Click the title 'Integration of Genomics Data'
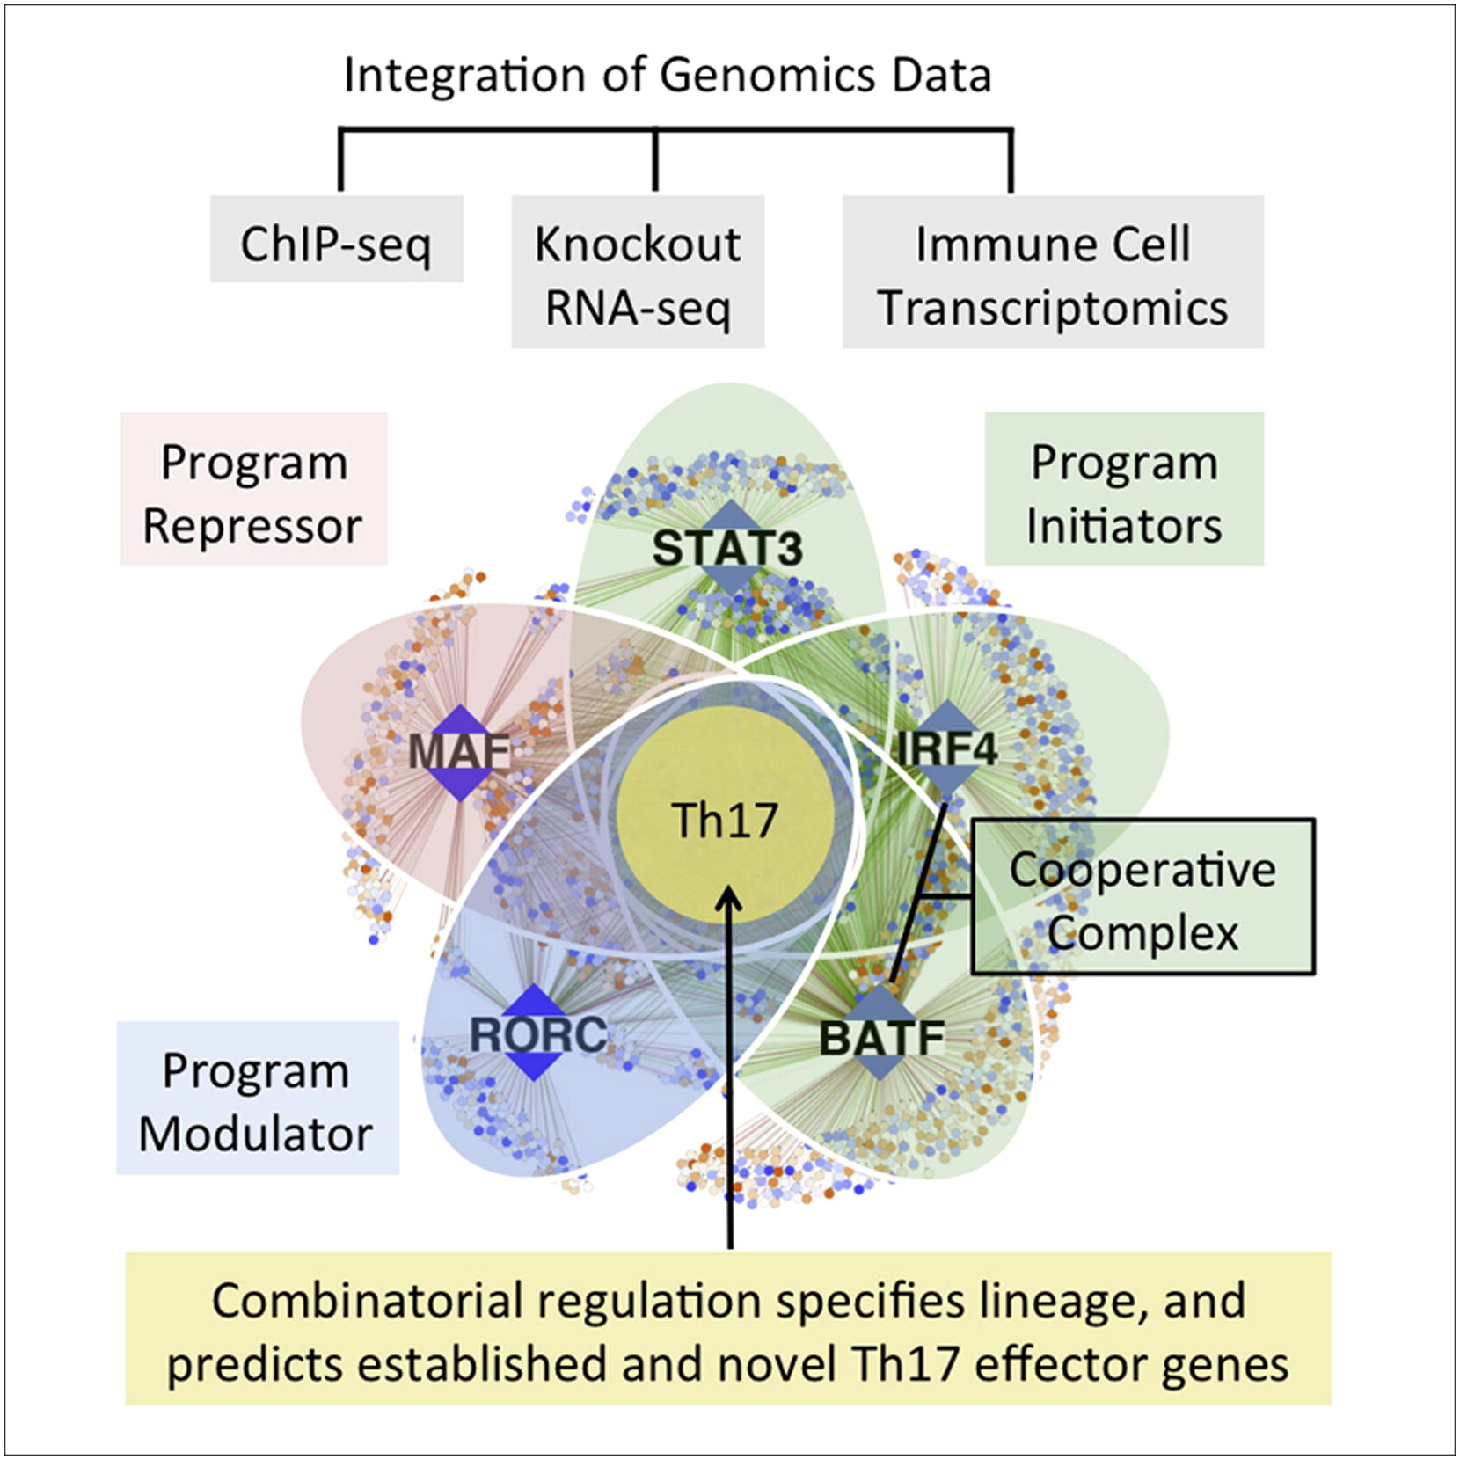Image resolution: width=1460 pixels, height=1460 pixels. click(668, 76)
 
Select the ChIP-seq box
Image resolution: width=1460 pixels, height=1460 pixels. click(337, 239)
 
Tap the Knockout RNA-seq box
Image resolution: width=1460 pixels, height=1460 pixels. click(638, 272)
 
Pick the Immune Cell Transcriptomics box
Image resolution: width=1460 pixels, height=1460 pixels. click(1053, 272)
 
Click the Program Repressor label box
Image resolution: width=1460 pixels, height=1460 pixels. click(253, 489)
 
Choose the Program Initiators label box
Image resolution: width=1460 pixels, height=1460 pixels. click(1124, 489)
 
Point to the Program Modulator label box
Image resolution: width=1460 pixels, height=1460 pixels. click(258, 1098)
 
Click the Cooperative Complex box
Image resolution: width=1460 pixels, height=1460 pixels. click(1143, 897)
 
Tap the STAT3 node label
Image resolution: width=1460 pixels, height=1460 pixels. click(727, 548)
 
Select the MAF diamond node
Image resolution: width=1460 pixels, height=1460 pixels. click(459, 753)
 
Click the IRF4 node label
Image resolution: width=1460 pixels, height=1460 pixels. click(946, 749)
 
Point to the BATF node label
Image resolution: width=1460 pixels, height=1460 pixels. click(881, 1038)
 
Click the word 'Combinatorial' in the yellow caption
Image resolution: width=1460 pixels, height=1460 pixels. click(368, 1301)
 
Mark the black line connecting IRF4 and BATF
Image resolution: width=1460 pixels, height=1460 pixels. click(919, 891)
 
